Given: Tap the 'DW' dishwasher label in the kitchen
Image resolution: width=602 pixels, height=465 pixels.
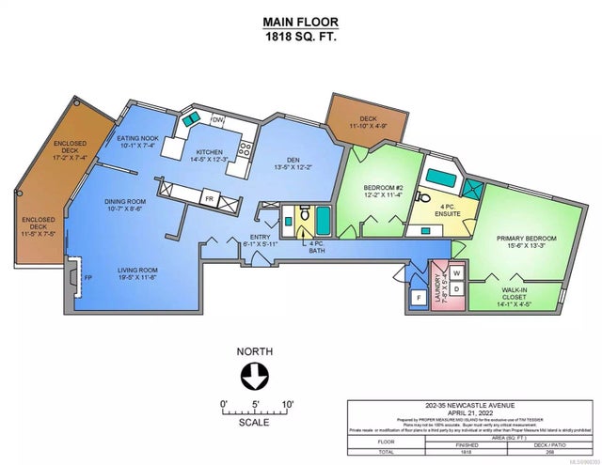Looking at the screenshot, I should click(x=217, y=120).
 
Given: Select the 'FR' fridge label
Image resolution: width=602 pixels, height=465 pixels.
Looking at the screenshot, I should click(x=209, y=199).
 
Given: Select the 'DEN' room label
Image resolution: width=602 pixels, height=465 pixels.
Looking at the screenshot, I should click(x=286, y=161).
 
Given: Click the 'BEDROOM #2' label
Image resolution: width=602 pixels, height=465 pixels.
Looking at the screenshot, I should click(x=384, y=188).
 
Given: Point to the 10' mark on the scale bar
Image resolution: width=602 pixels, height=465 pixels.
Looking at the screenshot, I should click(x=288, y=405).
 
